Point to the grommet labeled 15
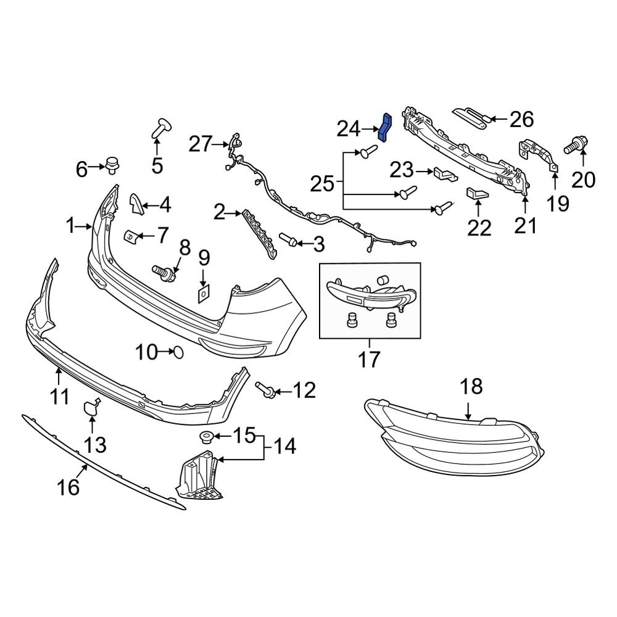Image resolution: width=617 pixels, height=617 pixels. point(204,438)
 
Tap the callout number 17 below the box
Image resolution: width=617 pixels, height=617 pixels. point(370,358)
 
